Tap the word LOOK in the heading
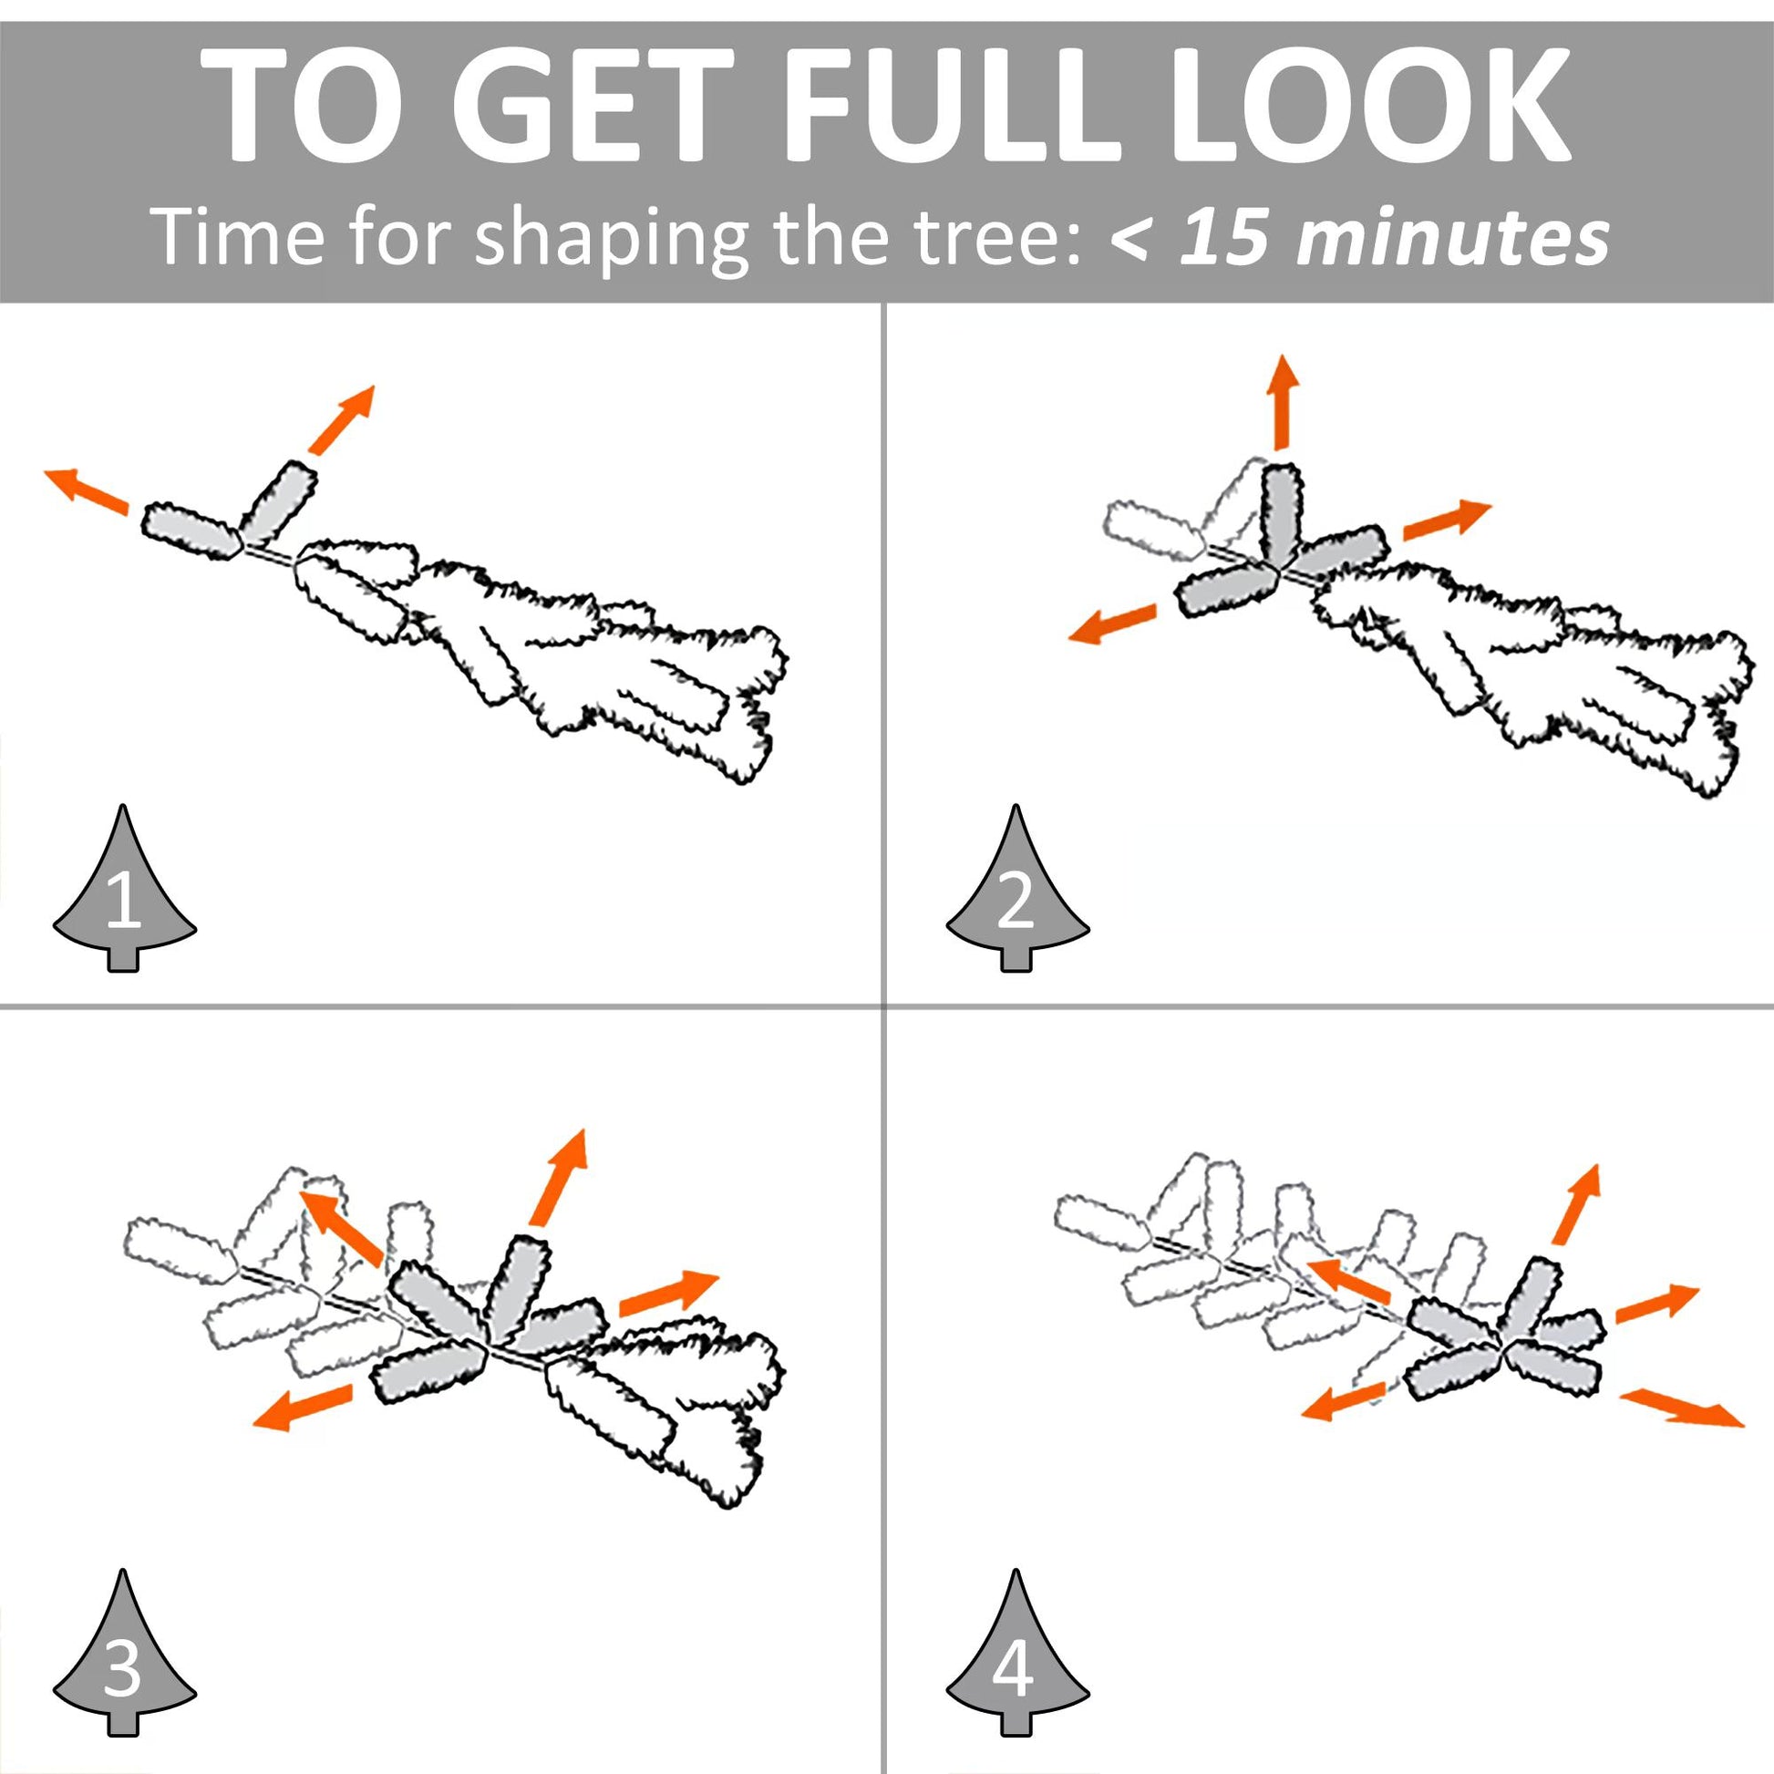click(x=1370, y=104)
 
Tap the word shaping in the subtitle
click(x=613, y=241)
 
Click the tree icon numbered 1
click(x=124, y=889)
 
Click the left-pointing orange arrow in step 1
click(x=87, y=490)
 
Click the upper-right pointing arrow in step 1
click(x=342, y=419)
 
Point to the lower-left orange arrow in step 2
click(x=1113, y=623)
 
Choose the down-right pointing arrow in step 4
click(x=1680, y=1407)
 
